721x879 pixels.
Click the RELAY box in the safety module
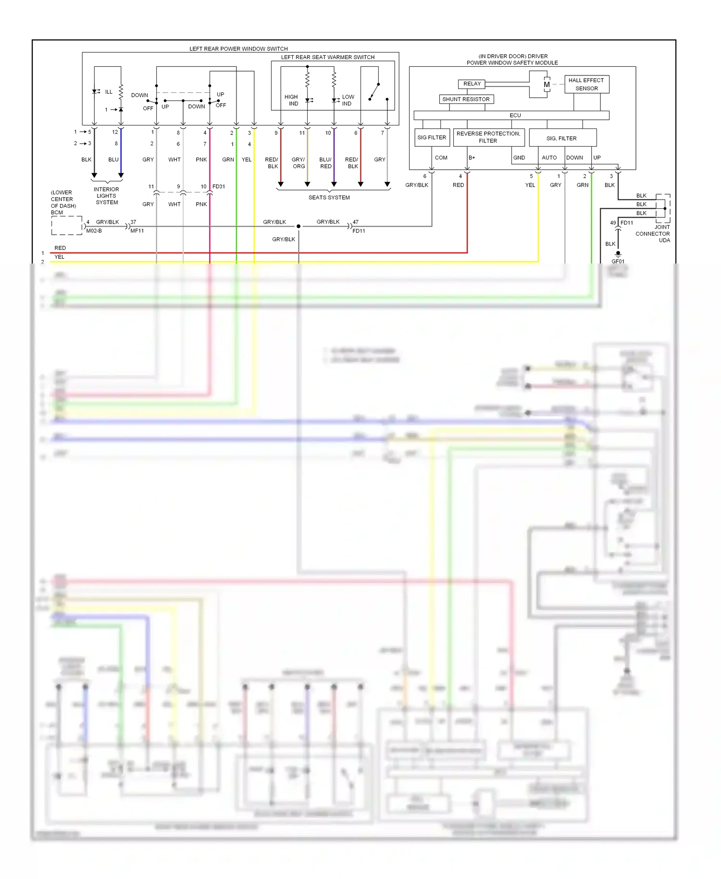tap(472, 84)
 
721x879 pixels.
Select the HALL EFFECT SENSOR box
tap(586, 84)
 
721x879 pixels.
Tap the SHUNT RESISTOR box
tap(466, 99)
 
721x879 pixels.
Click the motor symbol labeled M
tap(547, 85)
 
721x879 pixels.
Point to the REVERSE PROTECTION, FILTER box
tap(488, 137)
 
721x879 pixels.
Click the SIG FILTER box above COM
tap(432, 138)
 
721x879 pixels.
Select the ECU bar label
tap(515, 115)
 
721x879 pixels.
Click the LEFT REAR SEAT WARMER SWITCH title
tap(327, 57)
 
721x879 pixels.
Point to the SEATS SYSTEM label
tap(329, 198)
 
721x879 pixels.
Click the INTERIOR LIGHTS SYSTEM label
tap(106, 196)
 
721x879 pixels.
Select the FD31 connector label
tap(219, 187)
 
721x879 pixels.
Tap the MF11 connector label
tap(137, 231)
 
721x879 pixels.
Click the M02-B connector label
tap(94, 231)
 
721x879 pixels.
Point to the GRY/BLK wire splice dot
tap(298, 226)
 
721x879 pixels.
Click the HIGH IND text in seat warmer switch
tap(291, 100)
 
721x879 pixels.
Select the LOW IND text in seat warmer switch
tap(348, 100)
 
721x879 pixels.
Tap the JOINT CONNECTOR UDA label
tap(654, 234)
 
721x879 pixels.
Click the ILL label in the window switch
tap(109, 92)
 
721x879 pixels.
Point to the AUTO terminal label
tap(549, 158)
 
